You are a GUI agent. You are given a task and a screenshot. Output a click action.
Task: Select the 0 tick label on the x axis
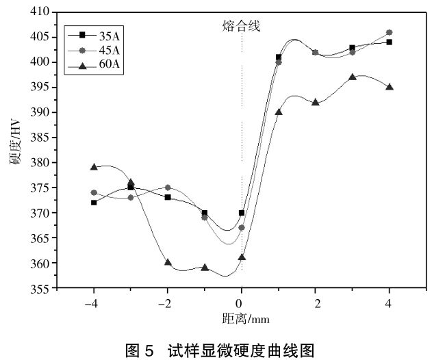click(x=241, y=303)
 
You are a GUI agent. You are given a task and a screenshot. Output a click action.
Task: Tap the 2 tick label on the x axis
click(x=316, y=303)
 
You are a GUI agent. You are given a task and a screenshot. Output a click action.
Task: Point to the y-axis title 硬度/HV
click(x=14, y=151)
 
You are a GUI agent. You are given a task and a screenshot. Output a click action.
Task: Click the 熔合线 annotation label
click(x=242, y=26)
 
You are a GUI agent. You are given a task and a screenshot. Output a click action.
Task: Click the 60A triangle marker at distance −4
click(x=94, y=166)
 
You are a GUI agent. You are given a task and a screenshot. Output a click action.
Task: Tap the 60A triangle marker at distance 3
click(x=352, y=77)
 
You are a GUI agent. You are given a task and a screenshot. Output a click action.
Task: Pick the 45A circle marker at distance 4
click(x=389, y=32)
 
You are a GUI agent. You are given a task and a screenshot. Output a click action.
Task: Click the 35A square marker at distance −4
click(x=94, y=203)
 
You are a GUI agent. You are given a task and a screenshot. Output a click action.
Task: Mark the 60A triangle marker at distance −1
click(x=205, y=268)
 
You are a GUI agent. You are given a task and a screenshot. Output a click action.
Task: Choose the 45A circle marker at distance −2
click(x=168, y=188)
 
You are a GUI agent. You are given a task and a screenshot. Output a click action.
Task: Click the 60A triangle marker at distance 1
click(x=279, y=112)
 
